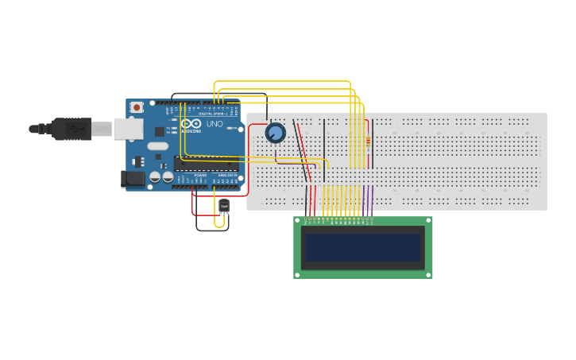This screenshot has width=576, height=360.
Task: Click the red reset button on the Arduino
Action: point(137,106)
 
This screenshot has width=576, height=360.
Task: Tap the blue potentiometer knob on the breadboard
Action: point(275,133)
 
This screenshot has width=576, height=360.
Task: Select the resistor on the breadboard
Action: point(367,142)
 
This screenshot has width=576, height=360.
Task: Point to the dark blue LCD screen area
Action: point(363,247)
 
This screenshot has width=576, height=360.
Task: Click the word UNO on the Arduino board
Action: point(215,125)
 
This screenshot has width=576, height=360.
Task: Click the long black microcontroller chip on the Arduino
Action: point(207,163)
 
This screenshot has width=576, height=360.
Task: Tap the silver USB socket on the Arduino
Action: point(128,129)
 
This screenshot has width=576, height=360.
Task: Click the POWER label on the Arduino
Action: point(200,175)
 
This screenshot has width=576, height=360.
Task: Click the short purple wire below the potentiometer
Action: point(276,151)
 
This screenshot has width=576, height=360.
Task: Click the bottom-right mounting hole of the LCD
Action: point(428,273)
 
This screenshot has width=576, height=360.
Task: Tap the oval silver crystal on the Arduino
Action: point(157,145)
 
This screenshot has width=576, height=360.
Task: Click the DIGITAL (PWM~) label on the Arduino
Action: point(215,114)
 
